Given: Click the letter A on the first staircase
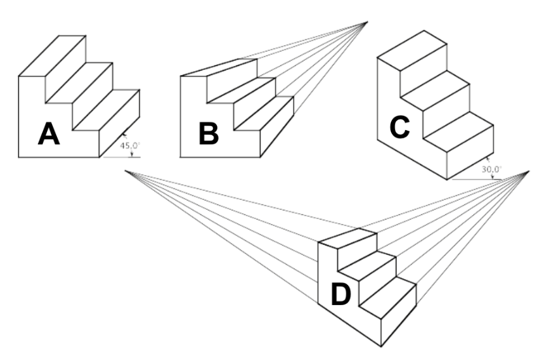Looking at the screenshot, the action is point(49,134).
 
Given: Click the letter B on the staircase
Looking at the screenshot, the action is point(208,134).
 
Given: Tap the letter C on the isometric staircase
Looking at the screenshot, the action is point(400,127).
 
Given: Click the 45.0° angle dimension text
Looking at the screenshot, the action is point(130,145).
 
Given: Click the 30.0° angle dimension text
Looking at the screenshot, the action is point(492,169).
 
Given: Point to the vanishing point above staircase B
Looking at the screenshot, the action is point(368,22).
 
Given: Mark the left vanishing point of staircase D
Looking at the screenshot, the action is point(125,171).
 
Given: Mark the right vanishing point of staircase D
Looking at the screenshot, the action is point(529,171).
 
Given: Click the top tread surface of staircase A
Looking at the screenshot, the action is point(52,56).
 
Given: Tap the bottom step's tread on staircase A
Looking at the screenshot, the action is point(106,110).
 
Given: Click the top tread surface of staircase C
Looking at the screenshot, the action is point(412,50).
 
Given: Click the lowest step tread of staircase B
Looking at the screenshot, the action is point(264,113).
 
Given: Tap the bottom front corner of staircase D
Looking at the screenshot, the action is point(381,346).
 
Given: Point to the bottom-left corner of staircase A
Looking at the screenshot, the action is point(19,157).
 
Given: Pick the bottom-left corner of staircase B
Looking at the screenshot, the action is point(180,157).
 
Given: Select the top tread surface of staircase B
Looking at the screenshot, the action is point(219,67).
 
